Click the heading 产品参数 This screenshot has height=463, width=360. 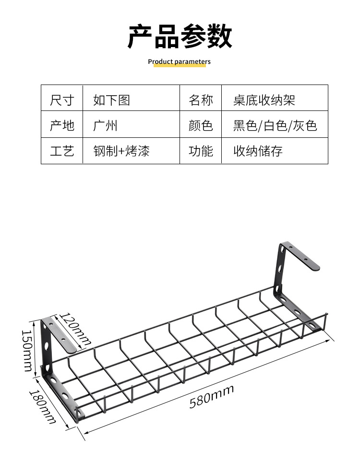point(180,37)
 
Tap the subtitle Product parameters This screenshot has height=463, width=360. point(179,61)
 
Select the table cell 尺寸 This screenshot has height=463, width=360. point(62,100)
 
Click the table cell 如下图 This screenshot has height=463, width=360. point(111,100)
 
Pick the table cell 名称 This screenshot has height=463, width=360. point(201,100)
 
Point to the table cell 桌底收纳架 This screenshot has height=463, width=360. point(264,100)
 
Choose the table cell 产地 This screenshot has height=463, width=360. point(62,125)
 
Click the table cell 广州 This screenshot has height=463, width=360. point(105,125)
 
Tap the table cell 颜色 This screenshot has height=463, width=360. point(201,125)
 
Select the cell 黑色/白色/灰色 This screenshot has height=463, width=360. point(275,125)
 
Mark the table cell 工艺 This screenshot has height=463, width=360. point(62,151)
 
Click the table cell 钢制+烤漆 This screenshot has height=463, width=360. point(121,151)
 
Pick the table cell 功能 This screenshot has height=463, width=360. point(201,151)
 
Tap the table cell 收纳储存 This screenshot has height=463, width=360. point(258,151)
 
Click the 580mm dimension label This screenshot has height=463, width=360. point(211,396)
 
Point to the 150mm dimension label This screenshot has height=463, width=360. point(27,350)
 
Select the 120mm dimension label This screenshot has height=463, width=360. point(75,329)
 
